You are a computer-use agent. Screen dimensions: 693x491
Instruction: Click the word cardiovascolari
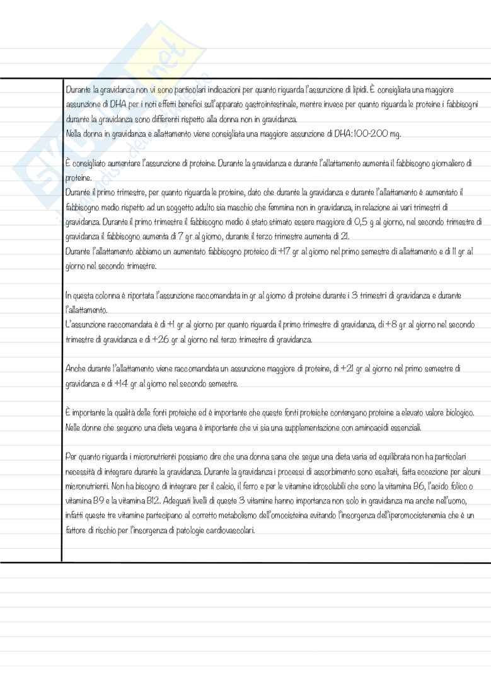pos(225,531)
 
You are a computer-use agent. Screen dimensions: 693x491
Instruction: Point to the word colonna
pos(103,295)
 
